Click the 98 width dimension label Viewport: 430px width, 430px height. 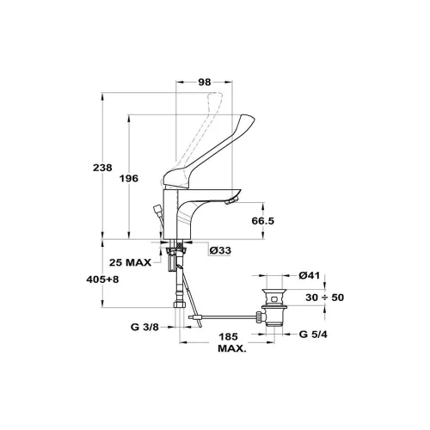[205, 83]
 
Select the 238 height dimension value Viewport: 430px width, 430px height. [102, 168]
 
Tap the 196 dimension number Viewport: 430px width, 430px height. [129, 179]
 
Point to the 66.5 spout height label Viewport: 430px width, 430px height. [263, 221]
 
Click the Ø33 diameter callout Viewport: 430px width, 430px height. [220, 250]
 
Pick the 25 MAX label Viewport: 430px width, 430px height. [130, 262]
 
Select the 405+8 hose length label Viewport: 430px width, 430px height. [102, 279]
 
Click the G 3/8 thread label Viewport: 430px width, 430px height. [144, 327]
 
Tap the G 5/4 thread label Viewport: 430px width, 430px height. [313, 335]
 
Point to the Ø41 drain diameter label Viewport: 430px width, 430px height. [309, 275]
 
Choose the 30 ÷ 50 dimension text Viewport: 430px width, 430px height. [324, 298]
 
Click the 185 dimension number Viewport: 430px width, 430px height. [229, 337]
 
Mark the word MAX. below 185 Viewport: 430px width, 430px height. [232, 349]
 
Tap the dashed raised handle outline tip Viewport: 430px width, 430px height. [218, 95]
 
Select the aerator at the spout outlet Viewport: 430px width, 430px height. [231, 201]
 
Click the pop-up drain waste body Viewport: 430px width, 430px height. [274, 307]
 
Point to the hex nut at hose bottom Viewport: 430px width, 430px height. [180, 304]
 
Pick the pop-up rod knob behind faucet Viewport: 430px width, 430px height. [158, 208]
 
